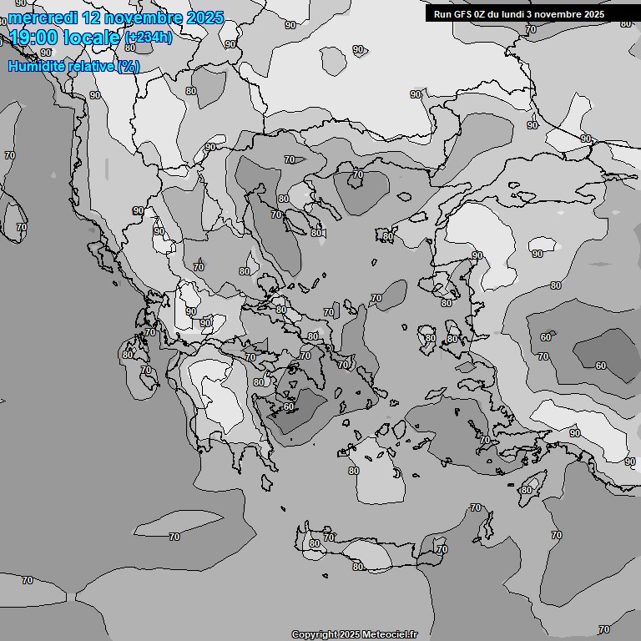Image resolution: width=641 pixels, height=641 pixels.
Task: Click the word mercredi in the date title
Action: [x=42, y=18]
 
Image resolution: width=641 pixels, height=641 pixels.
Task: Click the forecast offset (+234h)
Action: [x=148, y=38]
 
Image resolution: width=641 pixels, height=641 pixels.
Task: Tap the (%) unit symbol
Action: [x=129, y=66]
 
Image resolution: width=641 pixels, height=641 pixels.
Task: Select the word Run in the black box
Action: [x=442, y=14]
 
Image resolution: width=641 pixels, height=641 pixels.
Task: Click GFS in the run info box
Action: [x=463, y=14]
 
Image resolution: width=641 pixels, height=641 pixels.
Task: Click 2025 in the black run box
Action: [x=590, y=14]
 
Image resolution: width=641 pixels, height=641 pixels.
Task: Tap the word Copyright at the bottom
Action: [x=315, y=634]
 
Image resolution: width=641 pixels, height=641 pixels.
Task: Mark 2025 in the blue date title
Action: [x=204, y=18]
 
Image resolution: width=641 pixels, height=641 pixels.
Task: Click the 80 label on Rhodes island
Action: [x=526, y=490]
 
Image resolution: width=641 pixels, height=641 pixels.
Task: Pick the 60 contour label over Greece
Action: [x=289, y=407]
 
